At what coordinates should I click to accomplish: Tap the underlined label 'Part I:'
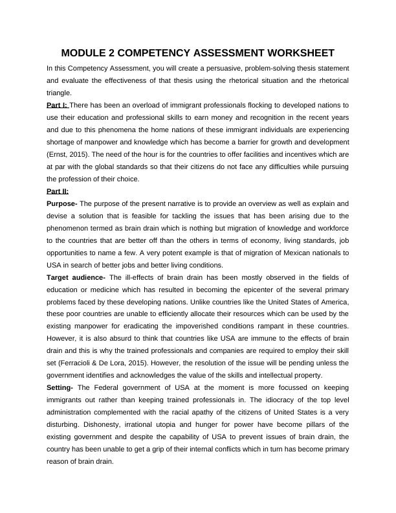[x=57, y=105]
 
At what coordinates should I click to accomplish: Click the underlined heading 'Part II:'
[x=58, y=191]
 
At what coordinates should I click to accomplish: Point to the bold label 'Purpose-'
[x=62, y=203]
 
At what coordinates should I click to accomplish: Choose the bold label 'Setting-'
[x=61, y=387]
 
